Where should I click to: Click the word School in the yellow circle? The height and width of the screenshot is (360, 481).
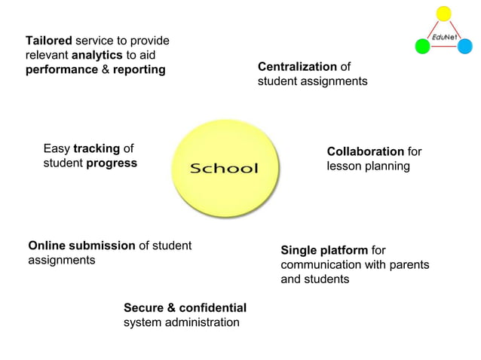tap(224, 167)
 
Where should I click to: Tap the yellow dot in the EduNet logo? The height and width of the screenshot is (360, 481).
tap(444, 13)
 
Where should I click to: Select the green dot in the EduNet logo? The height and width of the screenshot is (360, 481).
tap(423, 47)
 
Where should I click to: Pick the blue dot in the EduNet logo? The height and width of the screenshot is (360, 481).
tap(465, 47)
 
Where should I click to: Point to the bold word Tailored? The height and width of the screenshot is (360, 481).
tap(49, 41)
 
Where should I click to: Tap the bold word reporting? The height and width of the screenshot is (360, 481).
tap(139, 69)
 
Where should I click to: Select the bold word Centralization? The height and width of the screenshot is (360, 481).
tap(297, 66)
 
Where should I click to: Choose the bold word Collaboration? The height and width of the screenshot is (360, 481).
tap(365, 151)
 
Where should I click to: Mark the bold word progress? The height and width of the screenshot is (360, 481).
tap(112, 163)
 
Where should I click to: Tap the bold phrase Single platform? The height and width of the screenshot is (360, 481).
tap(324, 250)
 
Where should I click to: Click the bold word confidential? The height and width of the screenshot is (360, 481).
tap(213, 307)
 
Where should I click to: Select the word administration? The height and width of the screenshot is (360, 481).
tap(199, 322)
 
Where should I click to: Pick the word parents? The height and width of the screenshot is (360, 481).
tap(409, 264)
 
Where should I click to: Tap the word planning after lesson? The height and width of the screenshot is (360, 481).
tap(388, 166)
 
